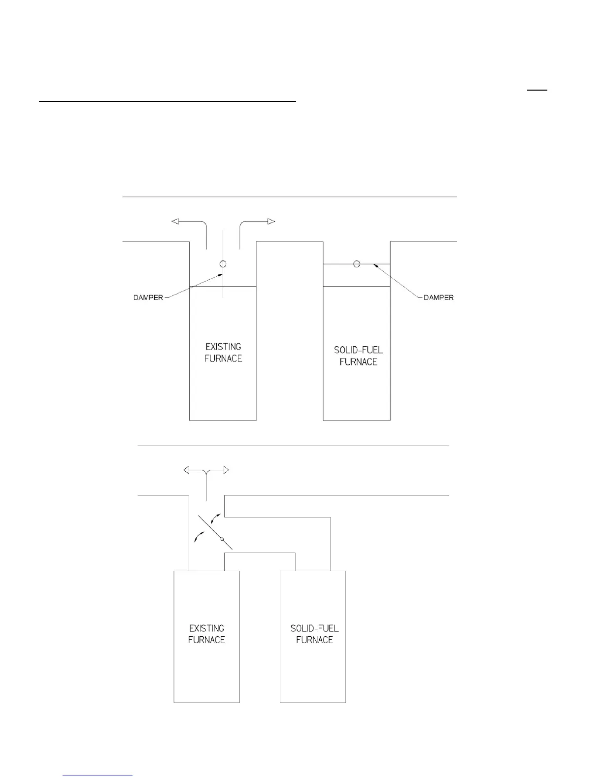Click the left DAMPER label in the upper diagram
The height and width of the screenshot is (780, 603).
click(148, 297)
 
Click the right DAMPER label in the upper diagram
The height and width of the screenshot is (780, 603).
click(438, 297)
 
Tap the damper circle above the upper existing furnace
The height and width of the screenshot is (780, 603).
click(223, 264)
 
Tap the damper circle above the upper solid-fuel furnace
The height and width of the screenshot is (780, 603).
click(357, 264)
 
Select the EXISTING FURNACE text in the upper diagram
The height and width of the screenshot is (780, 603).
click(223, 353)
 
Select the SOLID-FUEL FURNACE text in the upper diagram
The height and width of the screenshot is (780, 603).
click(358, 356)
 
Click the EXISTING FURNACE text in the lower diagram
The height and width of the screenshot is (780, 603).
click(206, 634)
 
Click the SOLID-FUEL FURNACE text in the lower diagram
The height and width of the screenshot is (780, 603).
click(314, 634)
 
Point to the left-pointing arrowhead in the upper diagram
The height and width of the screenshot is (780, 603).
click(175, 221)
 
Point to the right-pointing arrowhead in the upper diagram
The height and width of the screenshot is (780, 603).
click(271, 221)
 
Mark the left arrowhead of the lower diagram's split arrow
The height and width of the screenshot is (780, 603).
click(187, 470)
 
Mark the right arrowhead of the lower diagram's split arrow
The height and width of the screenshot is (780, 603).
click(226, 470)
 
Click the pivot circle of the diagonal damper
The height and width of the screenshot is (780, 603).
click(222, 540)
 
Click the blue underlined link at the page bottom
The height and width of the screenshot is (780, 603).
click(98, 776)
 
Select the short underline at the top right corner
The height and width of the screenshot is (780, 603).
click(538, 90)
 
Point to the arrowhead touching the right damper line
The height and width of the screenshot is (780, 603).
click(375, 265)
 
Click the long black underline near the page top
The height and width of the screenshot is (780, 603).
click(167, 102)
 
